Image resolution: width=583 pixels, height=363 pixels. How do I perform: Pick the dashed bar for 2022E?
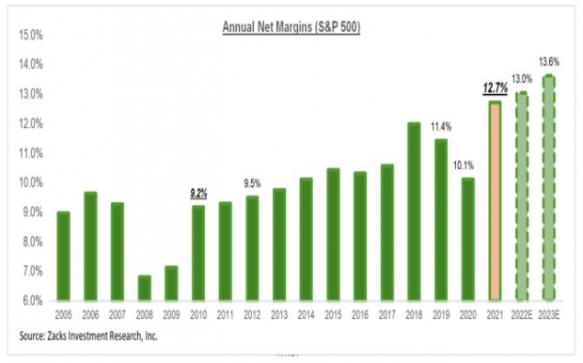coord(520,197)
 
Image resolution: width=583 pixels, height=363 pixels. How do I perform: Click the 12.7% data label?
coord(494,88)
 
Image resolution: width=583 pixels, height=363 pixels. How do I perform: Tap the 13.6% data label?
coord(548,63)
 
